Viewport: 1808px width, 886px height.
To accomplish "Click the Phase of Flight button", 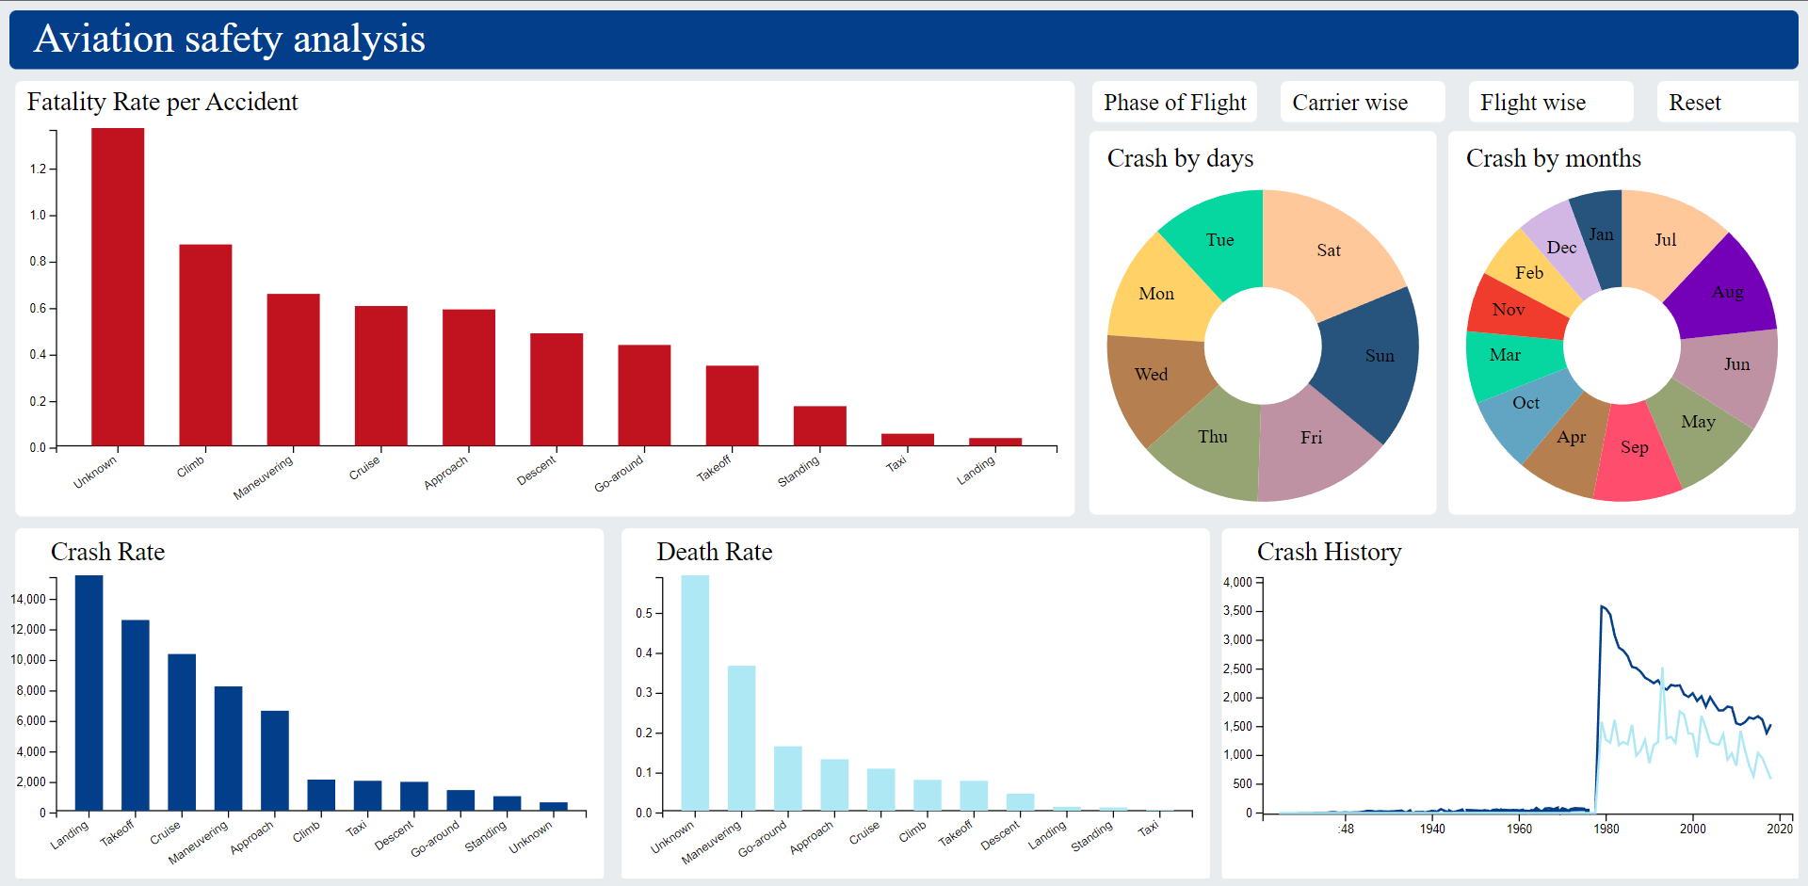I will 1174,103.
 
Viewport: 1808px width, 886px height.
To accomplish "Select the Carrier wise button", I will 1349,103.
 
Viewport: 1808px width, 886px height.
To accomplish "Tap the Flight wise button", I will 1532,103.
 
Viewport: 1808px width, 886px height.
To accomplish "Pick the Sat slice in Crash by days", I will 1329,250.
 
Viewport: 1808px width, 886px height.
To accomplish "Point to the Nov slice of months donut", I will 1509,309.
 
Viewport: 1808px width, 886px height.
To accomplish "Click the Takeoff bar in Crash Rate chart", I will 135,715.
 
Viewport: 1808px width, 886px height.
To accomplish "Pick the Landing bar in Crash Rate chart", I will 89,692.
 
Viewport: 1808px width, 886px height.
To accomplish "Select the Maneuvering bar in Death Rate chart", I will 741,738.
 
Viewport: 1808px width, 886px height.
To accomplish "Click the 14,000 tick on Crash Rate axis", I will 28,599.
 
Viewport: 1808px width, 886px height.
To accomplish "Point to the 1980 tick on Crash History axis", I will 1606,829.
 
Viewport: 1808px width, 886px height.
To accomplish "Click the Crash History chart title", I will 1329,552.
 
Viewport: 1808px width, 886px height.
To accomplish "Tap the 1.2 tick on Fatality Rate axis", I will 38,169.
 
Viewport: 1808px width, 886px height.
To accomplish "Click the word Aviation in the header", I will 104,40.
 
